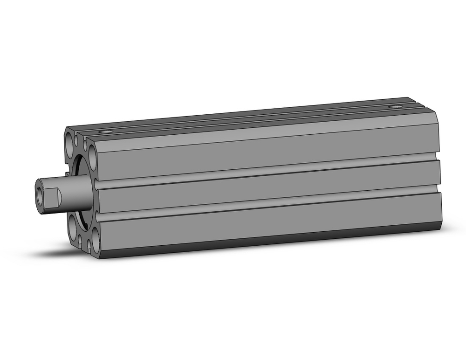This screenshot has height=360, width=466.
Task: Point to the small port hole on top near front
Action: (108, 132)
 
